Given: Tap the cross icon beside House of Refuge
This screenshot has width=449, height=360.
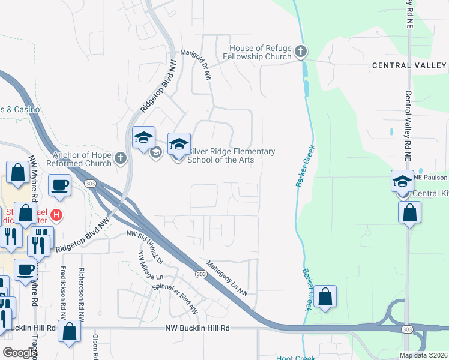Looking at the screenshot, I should pos(301,53).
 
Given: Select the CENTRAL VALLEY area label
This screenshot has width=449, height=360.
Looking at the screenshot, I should pos(409,65).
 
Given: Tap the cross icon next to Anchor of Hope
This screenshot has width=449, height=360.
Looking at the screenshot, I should pos(121,158).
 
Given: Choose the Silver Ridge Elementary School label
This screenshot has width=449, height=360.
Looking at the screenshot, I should pos(231,155).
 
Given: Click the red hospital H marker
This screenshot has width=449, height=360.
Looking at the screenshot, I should pos(56,214).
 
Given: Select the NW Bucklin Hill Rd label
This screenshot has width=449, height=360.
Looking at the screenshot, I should pos(197,328).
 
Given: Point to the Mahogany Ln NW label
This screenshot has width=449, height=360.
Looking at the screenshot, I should pos(227,277).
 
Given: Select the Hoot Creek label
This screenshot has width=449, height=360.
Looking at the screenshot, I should pos(292,358).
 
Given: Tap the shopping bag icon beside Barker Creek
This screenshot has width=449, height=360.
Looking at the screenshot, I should pos(325,296).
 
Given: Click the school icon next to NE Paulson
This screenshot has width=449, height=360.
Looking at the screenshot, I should pos(402,181).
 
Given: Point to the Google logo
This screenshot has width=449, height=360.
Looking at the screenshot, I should pos(20,353).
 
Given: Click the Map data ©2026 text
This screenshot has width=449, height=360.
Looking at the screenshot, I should pos(423,355).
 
